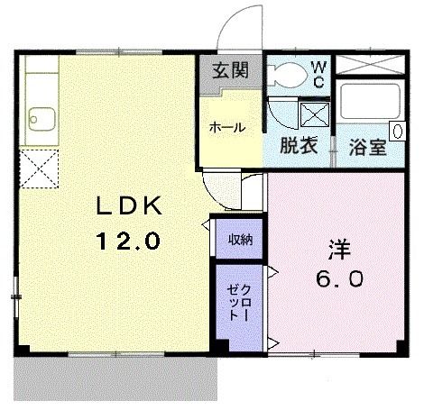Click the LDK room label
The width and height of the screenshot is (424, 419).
tap(128, 206)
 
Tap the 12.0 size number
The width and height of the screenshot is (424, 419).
tap(128, 241)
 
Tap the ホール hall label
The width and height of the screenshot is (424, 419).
tap(227, 128)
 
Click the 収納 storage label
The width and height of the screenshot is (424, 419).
tap(239, 239)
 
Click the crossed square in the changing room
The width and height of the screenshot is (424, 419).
tap(315, 116)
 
